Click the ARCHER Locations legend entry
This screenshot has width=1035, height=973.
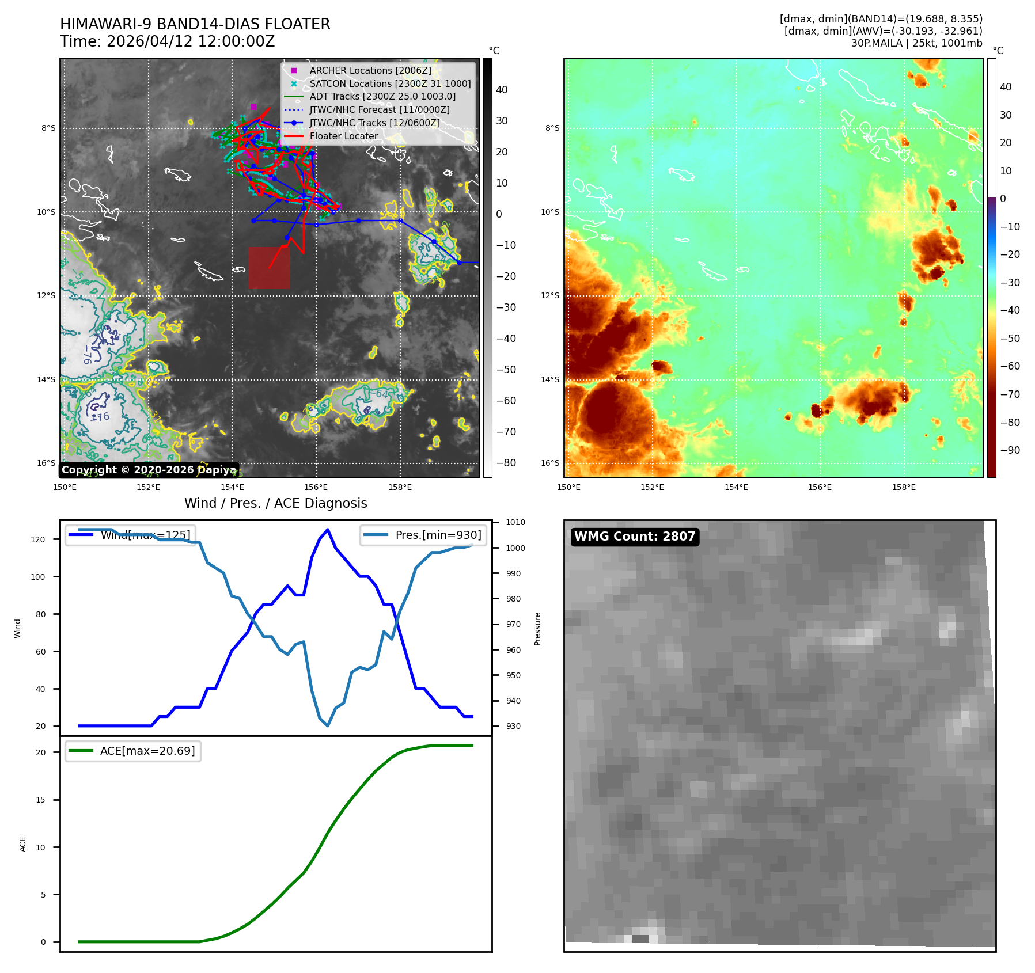(370, 70)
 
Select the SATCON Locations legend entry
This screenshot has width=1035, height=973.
(389, 83)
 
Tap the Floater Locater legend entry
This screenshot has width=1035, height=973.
(343, 136)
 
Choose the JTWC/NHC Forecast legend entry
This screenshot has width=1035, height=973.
(379, 109)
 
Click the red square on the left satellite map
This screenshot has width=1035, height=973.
(269, 268)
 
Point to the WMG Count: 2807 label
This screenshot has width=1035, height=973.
(634, 537)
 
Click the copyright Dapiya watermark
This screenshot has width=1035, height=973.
(149, 470)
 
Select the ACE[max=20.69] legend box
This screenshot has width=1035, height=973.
(133, 751)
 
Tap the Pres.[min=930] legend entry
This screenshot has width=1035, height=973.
(423, 535)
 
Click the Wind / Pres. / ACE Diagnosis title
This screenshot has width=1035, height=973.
(275, 503)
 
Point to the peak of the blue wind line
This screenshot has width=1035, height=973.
(327, 529)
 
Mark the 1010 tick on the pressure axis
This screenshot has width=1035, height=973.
(515, 523)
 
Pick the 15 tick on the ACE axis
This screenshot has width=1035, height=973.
(40, 800)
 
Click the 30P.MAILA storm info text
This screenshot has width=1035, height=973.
(916, 43)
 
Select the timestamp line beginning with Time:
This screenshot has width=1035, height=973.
(167, 41)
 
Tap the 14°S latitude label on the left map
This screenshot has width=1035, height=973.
(46, 379)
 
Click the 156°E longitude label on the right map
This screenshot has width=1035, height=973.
(820, 487)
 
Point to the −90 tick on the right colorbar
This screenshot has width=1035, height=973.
(1010, 450)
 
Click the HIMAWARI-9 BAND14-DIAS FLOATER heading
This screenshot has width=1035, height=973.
(195, 24)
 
